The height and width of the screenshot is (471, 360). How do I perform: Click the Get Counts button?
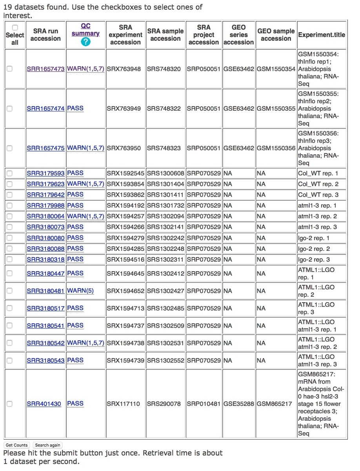coord(16,445)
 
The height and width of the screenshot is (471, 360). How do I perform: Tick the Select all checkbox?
coord(15,28)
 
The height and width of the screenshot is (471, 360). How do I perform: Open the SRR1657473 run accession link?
coord(45,69)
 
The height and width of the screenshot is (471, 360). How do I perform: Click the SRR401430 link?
coord(44,403)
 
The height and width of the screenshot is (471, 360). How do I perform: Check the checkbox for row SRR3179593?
coord(9,173)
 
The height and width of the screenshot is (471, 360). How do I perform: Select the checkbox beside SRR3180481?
coord(9,291)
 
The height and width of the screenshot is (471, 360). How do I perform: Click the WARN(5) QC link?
coord(80,291)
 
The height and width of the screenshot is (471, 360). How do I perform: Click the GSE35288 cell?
coord(238,403)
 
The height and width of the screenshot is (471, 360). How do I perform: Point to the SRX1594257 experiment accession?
coord(125,216)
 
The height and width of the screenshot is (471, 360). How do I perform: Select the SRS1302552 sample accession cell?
coord(165,360)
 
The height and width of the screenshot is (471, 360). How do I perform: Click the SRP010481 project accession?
coord(204,403)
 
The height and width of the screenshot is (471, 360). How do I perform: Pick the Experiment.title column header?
coord(322,35)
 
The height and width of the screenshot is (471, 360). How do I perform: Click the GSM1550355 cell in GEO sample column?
coord(276,108)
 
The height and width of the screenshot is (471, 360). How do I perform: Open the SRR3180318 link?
coord(45,259)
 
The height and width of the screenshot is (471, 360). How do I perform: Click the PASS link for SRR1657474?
coord(75,108)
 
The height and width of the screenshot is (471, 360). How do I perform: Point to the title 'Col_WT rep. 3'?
coord(318,195)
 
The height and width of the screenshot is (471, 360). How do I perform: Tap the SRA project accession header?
coord(204,35)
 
